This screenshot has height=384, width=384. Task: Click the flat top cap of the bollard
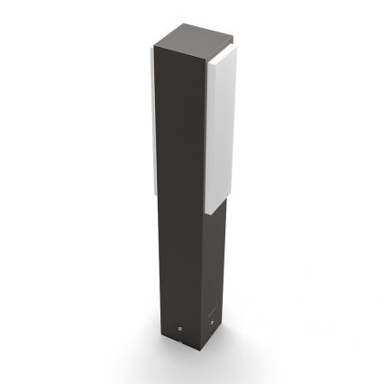[x=190, y=38]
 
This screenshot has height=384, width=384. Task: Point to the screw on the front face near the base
[x=179, y=327]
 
